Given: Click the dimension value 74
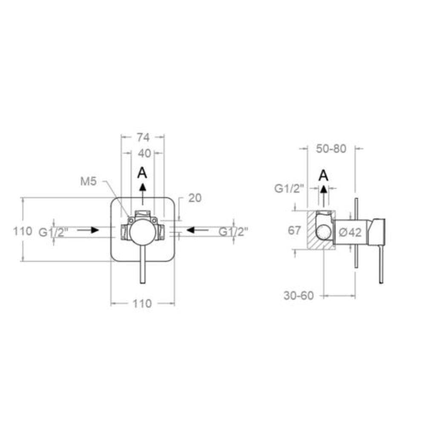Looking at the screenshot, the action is tap(143, 137).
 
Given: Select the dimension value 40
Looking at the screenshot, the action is tap(143, 153).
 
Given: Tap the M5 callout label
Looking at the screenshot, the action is tap(88, 182).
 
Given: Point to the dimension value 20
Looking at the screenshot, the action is tap(195, 198).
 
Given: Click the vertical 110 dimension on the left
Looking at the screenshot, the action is tap(23, 231).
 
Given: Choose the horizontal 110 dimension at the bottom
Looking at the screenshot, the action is tap(142, 304).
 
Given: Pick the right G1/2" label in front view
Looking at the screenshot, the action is tap(233, 231).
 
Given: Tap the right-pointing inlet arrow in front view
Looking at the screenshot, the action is tap(88, 230).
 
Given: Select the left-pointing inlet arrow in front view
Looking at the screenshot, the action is tap(198, 230).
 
